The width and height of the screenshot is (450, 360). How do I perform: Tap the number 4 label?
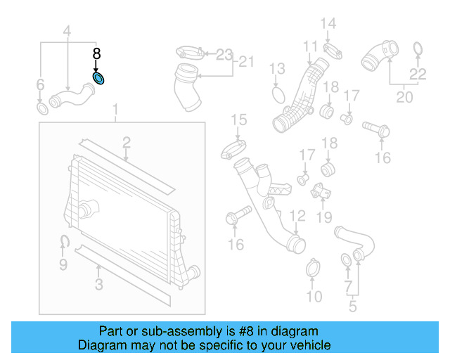[67, 31]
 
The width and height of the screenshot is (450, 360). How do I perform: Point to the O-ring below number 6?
[42, 109]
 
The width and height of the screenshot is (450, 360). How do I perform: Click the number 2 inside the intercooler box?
[126, 143]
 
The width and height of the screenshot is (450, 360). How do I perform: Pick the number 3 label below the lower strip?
[98, 285]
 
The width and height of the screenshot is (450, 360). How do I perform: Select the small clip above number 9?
[63, 243]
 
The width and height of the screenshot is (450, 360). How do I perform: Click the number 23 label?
[223, 54]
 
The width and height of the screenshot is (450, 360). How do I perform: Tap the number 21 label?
[245, 62]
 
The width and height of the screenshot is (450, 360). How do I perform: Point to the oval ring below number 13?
[278, 94]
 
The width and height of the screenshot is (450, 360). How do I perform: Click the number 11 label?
[311, 46]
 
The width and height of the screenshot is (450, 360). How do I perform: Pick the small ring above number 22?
[418, 49]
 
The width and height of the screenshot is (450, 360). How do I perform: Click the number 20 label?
[404, 97]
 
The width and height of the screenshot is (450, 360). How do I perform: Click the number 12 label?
[297, 215]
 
